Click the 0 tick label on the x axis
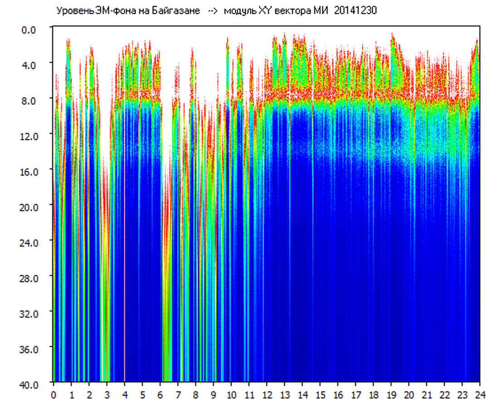[54, 395]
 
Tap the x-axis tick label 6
[160, 395]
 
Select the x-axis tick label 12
[267, 395]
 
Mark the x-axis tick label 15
[320, 395]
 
